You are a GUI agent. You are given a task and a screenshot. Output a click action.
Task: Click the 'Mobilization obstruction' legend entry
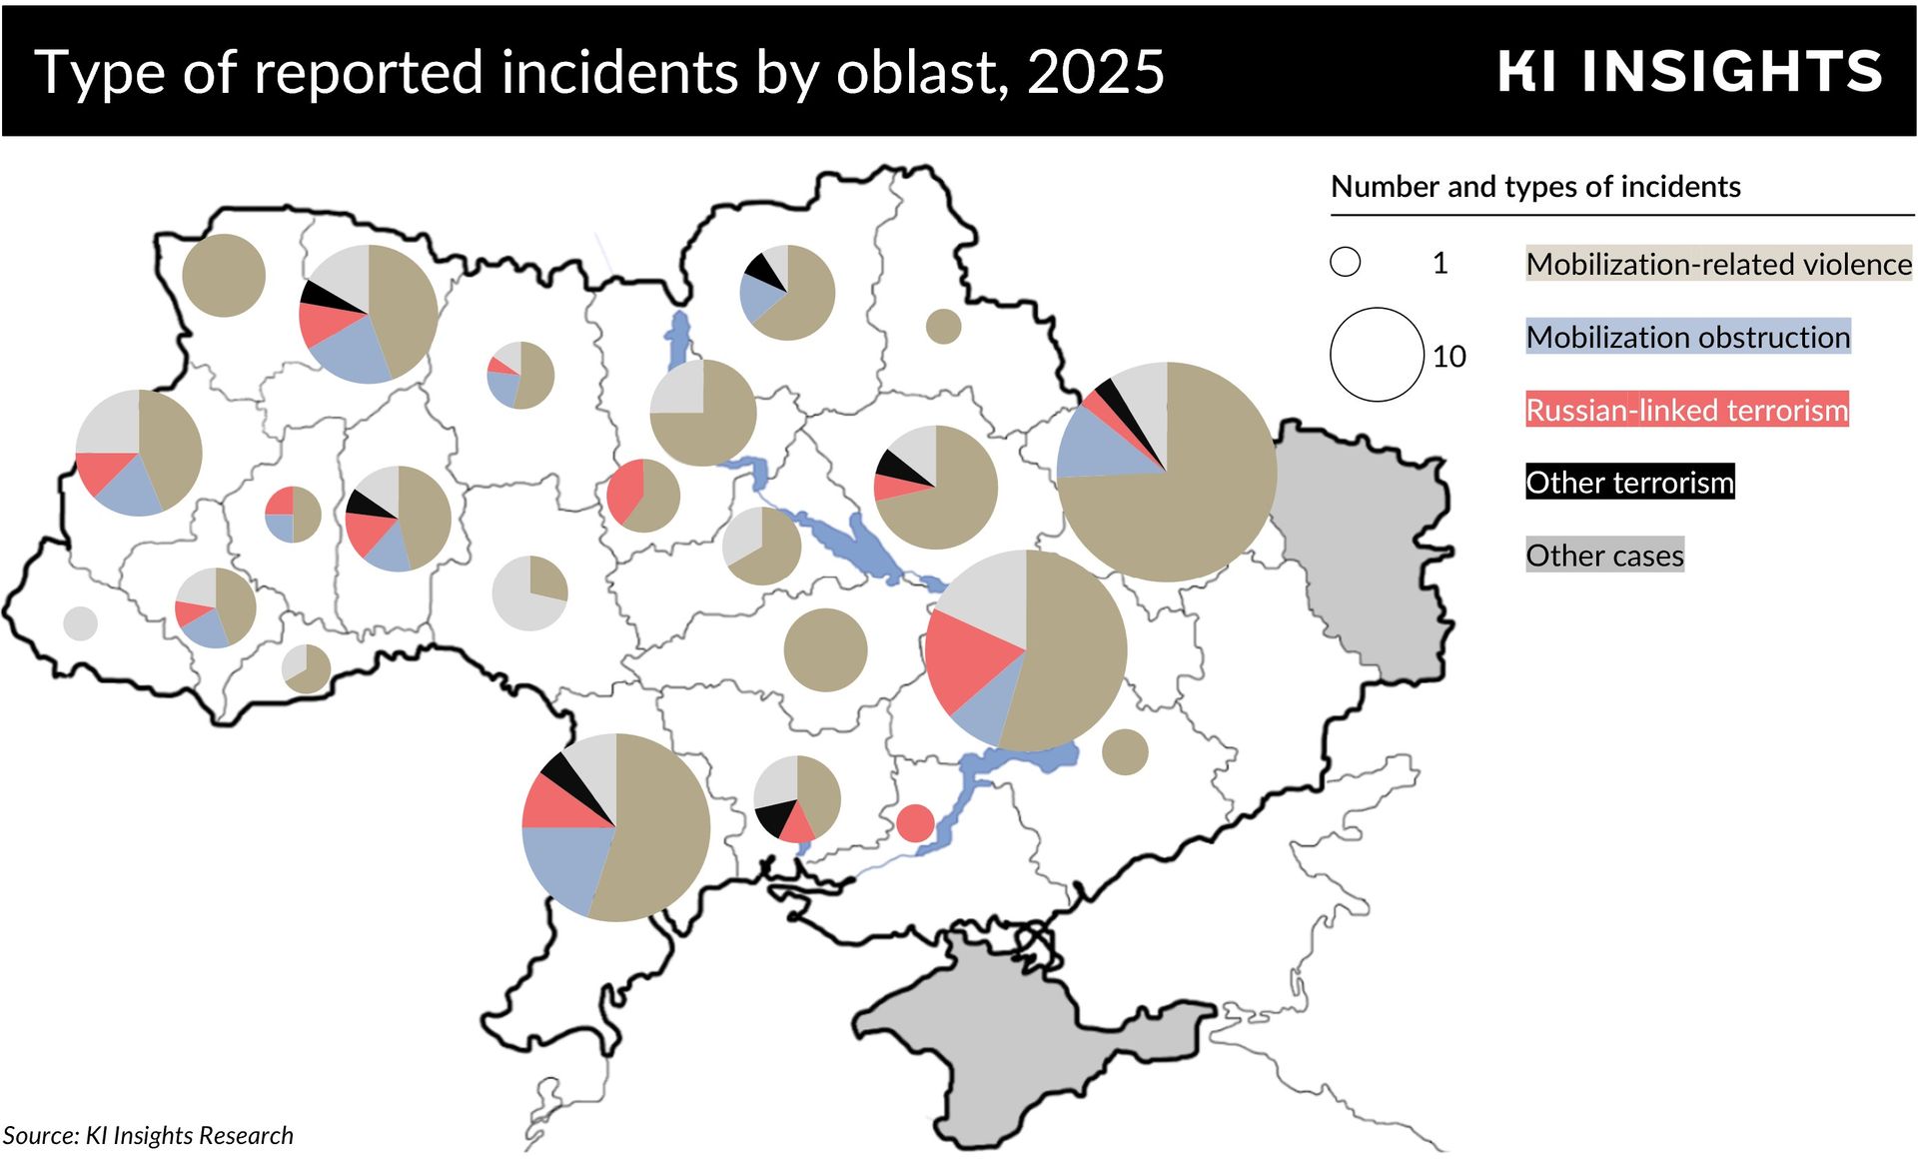[x=1687, y=338]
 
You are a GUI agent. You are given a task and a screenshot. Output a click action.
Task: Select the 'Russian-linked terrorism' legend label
[x=1686, y=411]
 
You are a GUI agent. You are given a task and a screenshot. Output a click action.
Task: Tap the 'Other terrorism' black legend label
[x=1629, y=484]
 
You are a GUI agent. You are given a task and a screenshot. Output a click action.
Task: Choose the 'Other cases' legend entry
[x=1604, y=557]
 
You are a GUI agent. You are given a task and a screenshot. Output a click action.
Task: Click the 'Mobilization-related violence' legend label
[x=1718, y=265]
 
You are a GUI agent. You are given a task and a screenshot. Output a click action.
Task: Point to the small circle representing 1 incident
[x=1345, y=263]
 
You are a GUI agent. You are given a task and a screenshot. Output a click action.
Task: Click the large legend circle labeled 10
[x=1376, y=355]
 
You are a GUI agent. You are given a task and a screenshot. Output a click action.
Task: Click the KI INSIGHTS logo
[x=1689, y=72]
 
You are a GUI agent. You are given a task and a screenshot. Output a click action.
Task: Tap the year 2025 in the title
[x=1095, y=73]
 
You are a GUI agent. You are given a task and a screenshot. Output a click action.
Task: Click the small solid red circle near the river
[x=915, y=823]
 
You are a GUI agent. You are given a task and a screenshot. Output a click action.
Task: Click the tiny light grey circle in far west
[x=80, y=623]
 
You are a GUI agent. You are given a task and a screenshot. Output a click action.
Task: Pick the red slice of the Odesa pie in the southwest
[x=559, y=804]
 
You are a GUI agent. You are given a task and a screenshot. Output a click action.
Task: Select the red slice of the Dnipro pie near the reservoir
[x=964, y=659]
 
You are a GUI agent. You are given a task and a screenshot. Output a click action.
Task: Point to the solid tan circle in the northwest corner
[x=224, y=276]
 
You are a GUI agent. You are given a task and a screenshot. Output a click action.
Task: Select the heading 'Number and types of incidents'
[x=1535, y=187]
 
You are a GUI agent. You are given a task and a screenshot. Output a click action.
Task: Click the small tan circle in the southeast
[x=1125, y=752]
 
